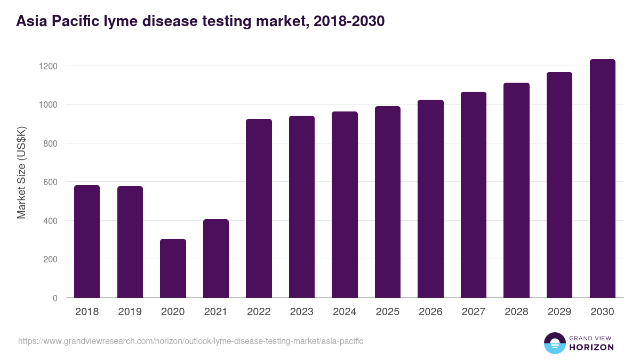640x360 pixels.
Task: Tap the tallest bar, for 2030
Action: coord(602,179)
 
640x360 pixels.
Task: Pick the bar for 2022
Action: coord(259,208)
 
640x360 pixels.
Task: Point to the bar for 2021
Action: coord(216,258)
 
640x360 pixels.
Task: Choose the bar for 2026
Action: coord(430,198)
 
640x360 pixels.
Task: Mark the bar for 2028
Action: coord(516,190)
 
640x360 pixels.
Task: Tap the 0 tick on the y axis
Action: coord(55,298)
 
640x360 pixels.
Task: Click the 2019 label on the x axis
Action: coord(130,312)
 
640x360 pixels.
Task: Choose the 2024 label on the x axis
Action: coord(345,312)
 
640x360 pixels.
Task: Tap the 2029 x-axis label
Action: coord(559,312)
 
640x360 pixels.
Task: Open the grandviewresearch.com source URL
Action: coord(190,341)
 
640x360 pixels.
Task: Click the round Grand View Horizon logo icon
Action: coord(554,343)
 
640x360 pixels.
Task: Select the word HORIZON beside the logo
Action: coord(591,347)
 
